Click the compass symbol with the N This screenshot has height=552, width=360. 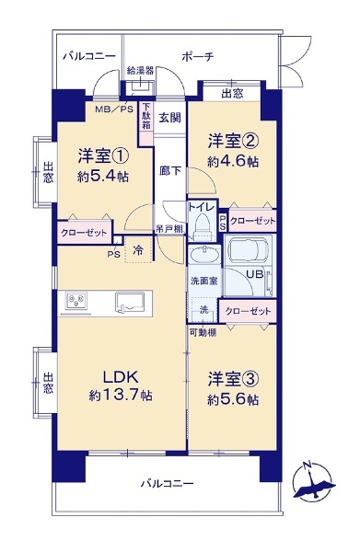coord(313,481)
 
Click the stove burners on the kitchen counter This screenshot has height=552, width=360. coord(77,301)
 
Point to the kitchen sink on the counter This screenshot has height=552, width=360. coord(131,303)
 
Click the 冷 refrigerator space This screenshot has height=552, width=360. coord(138,250)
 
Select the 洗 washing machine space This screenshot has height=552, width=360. coord(204,310)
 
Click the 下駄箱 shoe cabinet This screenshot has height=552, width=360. coord(146,123)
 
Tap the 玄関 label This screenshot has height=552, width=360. coord(169,118)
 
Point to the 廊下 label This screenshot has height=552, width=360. coord(170,171)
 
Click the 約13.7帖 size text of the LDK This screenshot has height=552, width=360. coord(121,396)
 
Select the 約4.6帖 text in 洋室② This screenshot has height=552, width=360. coord(233,162)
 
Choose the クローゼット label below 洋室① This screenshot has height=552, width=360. coord(84,233)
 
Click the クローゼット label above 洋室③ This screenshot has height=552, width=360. coord(248,311)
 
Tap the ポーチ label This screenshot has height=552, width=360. coord(198,57)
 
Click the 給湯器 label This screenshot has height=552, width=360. coord(140,71)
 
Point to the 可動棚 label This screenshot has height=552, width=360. coord(203,332)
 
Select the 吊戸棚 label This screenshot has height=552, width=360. coord(169,229)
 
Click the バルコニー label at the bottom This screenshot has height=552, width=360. coord(168,484)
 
